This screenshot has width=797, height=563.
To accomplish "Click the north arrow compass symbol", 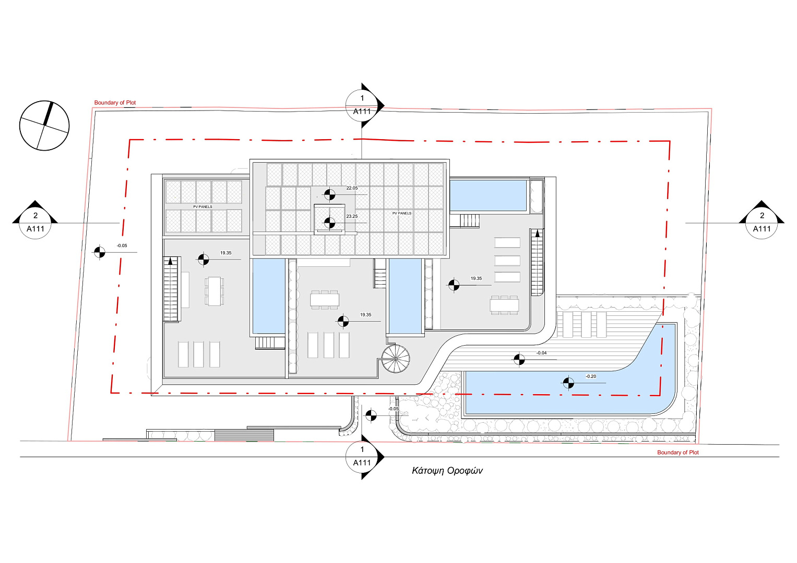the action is [44, 126].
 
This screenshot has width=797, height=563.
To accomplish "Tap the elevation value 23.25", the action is [352, 216].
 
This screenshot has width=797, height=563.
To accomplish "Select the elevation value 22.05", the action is [352, 188].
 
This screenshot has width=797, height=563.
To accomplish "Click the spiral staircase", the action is [396, 359].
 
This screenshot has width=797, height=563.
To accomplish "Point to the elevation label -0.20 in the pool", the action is [591, 376].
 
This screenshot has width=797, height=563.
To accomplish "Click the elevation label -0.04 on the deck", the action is [541, 353].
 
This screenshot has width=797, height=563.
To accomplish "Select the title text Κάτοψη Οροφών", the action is [447, 471].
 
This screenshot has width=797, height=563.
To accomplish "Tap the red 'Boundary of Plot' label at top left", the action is [115, 103].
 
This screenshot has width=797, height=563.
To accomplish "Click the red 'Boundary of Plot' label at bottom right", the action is [678, 452].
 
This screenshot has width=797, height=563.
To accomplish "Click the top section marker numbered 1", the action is [363, 105].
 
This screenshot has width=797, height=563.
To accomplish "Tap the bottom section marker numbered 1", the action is [363, 457].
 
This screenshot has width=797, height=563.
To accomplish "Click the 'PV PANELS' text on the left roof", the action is [203, 206].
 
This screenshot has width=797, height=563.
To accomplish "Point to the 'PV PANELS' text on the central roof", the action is [402, 213].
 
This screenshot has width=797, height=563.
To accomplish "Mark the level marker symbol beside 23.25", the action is [329, 223].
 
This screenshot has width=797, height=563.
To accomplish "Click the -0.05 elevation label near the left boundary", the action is [122, 246].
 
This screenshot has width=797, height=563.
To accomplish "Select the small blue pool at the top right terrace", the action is [488, 195].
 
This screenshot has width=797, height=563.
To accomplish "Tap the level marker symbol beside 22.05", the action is [329, 194].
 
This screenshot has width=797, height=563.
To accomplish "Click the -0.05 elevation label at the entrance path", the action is [393, 409].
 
